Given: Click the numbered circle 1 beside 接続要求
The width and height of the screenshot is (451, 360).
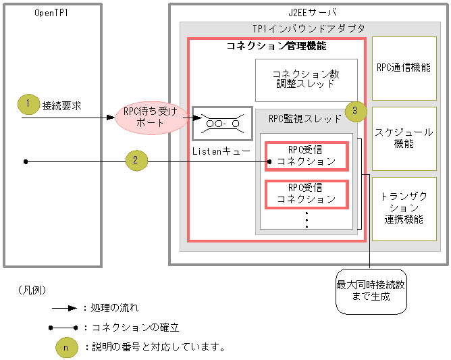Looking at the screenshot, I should click(28, 104).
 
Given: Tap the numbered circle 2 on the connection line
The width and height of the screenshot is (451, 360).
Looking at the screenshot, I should click(136, 161).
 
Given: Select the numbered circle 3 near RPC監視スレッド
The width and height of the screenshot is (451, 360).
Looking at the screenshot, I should click(355, 110).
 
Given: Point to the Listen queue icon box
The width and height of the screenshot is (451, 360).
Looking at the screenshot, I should click(222, 124).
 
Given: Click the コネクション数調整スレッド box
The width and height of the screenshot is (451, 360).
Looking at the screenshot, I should click(306, 80).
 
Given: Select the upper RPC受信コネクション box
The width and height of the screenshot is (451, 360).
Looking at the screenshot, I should click(307, 155).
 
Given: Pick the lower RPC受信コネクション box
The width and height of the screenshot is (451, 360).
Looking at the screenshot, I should click(307, 193).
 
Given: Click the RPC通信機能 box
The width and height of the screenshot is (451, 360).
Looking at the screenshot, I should click(404, 68).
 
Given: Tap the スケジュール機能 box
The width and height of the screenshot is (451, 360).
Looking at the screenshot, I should click(404, 138).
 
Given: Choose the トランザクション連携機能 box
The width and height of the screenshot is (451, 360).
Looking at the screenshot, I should click(404, 209).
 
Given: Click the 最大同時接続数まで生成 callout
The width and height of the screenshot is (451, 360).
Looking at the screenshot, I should click(371, 290).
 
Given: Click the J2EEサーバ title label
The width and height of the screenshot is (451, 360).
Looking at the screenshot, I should click(307, 12).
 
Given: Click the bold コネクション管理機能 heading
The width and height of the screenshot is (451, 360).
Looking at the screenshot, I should click(276, 47).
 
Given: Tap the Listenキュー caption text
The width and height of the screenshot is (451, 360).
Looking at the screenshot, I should click(221, 151).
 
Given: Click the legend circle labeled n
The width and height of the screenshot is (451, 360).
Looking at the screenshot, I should click(65, 347).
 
